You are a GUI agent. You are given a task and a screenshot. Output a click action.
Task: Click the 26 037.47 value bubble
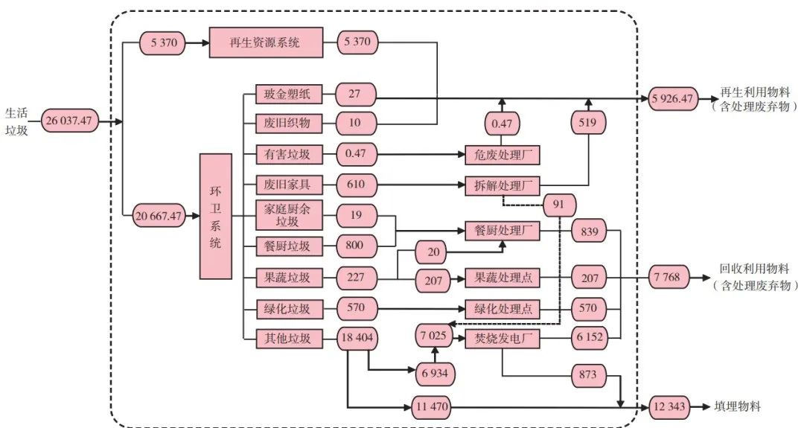coord(70,121)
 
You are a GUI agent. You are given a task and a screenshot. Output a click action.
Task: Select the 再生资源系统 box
coord(266,42)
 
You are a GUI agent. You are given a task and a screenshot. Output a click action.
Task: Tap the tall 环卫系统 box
coord(216,216)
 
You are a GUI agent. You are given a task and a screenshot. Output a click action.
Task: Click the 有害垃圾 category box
coord(287,155)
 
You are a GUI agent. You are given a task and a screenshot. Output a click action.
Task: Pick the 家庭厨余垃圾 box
coord(287,215)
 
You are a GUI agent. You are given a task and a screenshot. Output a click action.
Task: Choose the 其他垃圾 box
coord(287,339)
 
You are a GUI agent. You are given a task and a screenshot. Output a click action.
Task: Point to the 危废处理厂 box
coord(502,155)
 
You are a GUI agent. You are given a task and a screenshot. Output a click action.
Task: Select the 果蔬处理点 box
coord(502,278)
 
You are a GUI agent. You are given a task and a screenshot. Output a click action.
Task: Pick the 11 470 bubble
coord(432,407)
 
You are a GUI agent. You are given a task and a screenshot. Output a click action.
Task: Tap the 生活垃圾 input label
coord(16,121)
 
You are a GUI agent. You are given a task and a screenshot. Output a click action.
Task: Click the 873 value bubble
coord(588,374)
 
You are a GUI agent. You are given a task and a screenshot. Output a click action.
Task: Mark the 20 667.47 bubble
coord(159,216)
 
